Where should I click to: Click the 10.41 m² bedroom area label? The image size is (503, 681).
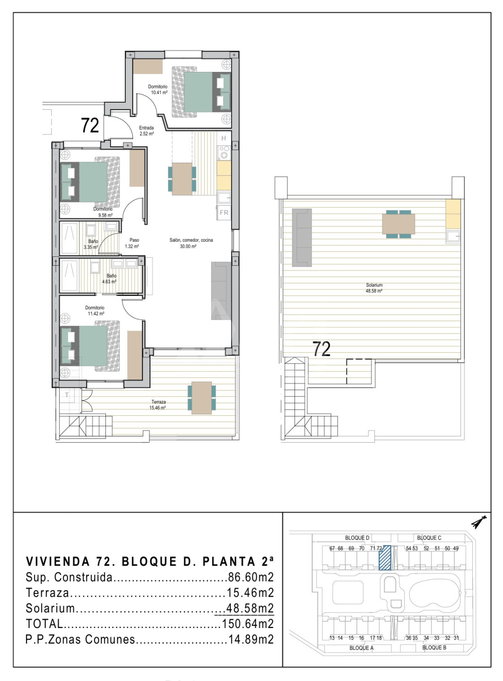(x=158, y=89)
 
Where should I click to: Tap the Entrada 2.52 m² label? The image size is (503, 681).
(x=147, y=131)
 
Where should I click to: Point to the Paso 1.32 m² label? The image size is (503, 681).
(x=132, y=243)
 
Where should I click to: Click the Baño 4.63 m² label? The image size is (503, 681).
(x=110, y=279)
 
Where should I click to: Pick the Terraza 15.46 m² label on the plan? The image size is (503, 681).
(x=158, y=405)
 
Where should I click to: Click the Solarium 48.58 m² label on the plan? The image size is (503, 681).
(x=374, y=288)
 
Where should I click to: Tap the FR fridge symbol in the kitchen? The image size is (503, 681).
(x=224, y=212)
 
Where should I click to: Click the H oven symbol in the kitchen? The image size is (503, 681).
(x=224, y=138)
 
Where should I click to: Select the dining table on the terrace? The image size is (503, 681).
(x=202, y=398)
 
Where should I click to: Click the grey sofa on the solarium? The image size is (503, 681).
(x=302, y=237)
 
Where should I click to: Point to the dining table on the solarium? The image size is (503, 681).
(x=399, y=224)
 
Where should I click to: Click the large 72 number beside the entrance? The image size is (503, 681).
(x=90, y=125)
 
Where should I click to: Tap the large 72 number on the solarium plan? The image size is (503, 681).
(x=321, y=349)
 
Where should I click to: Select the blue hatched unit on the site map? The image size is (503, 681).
(x=385, y=558)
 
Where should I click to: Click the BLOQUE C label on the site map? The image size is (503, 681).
(x=429, y=538)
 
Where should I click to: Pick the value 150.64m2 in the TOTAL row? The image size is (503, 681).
(x=247, y=624)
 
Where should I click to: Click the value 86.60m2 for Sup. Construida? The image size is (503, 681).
(x=251, y=577)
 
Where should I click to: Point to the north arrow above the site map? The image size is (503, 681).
(x=479, y=522)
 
